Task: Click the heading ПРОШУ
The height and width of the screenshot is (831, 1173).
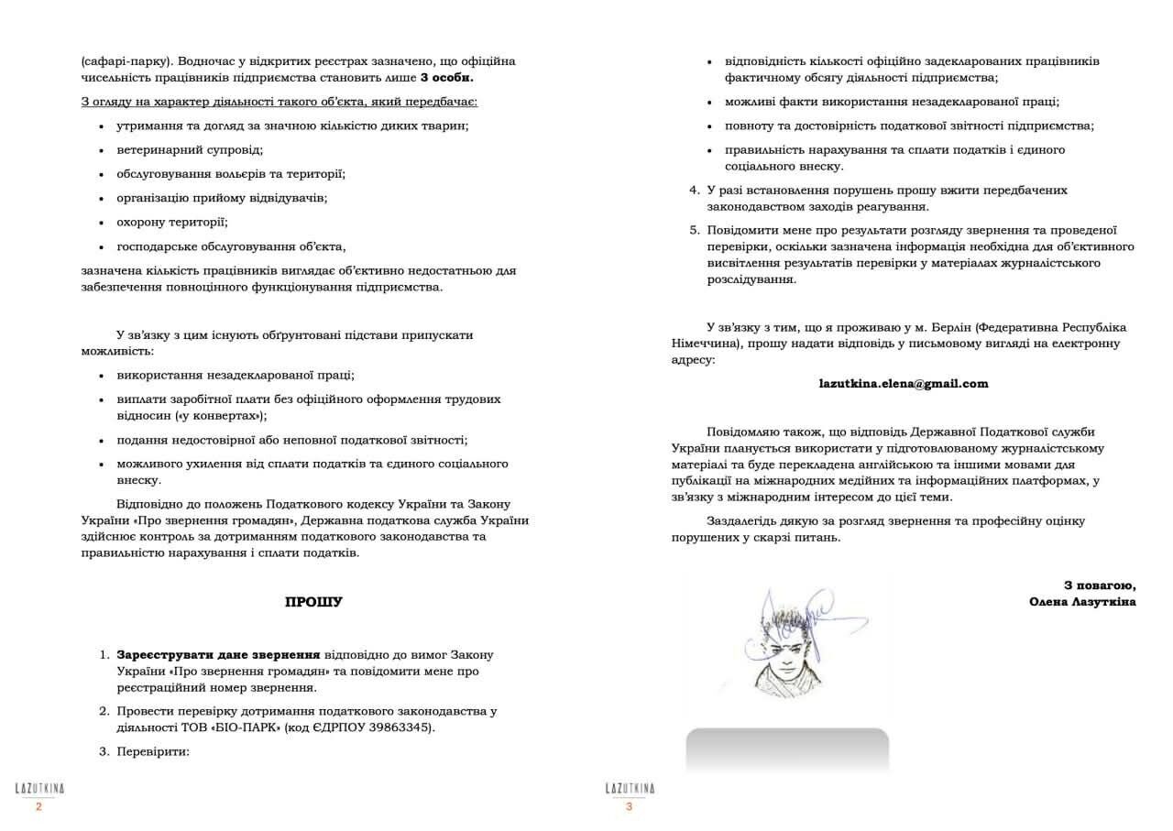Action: coord(313,603)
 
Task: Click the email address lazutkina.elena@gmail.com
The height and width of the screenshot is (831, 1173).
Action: coord(904,384)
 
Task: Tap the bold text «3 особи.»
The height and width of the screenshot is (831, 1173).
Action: coord(447,77)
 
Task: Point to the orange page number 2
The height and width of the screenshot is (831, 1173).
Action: coord(38,807)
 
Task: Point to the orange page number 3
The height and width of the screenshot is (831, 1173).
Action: coord(629,807)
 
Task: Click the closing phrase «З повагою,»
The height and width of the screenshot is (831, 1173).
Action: coord(1100,585)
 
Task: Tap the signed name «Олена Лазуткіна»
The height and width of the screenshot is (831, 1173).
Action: coord(1082,602)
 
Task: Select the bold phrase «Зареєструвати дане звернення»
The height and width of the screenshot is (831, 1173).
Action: coord(218,655)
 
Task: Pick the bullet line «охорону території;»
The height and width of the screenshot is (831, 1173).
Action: coord(172,222)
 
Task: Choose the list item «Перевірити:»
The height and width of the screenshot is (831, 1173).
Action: coord(152,751)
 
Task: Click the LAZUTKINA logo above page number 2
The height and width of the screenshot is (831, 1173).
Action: coord(39,789)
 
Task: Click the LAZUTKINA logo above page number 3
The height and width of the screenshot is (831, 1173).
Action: coord(630,789)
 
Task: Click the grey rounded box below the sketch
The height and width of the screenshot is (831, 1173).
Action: coord(787,749)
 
